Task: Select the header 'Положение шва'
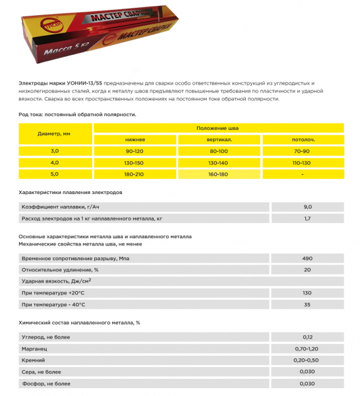point(218,128)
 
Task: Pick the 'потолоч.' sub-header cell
point(303,140)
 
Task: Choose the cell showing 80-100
point(218,152)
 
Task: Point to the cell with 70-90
point(303,152)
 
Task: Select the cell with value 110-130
point(303,163)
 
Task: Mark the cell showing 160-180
point(218,175)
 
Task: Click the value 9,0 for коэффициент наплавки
point(307,207)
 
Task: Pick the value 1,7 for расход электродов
point(307,218)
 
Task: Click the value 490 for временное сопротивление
point(307,258)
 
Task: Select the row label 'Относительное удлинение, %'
point(60,269)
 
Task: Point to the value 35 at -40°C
point(307,304)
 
